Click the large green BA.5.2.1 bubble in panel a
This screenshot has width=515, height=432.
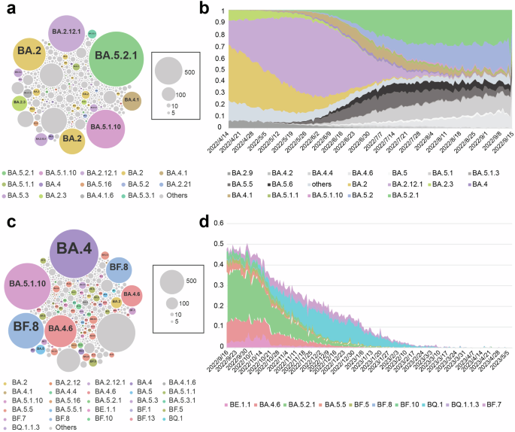(116, 56)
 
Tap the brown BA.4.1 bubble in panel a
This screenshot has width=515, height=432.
(132, 100)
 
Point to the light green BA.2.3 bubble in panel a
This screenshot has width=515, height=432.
(20, 102)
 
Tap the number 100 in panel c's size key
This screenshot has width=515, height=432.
(185, 305)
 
